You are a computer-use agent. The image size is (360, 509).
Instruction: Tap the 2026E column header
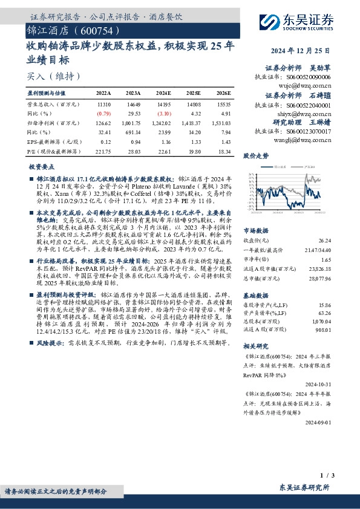coord(223,94)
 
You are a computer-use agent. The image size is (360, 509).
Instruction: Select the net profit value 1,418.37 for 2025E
coord(192,122)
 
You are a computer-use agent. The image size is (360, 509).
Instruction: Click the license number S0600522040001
coord(309,105)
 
